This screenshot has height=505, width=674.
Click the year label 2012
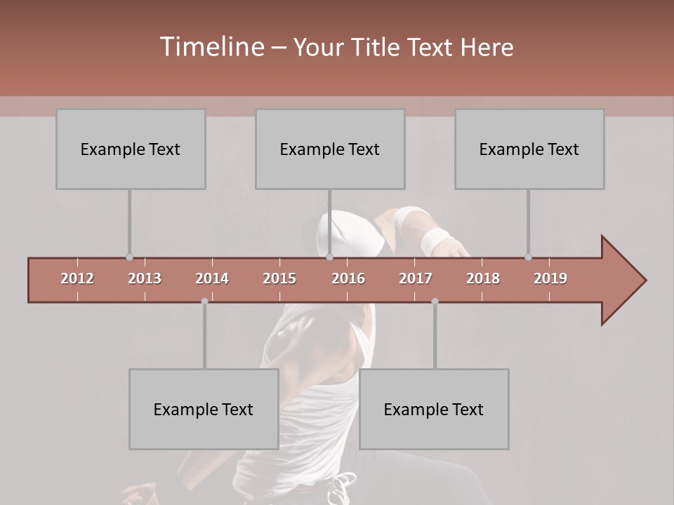click(x=77, y=278)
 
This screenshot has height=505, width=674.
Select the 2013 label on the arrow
click(x=145, y=278)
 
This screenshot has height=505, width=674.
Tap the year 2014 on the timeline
click(x=212, y=278)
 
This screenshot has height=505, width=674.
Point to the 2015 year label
click(x=279, y=278)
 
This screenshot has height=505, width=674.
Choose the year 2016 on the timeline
click(x=348, y=278)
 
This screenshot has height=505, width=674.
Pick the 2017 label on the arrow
click(x=416, y=278)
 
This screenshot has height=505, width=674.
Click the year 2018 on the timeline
click(x=483, y=278)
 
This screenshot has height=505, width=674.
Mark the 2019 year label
click(x=550, y=278)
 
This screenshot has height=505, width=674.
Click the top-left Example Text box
click(x=131, y=149)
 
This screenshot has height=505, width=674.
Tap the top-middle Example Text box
click(x=330, y=149)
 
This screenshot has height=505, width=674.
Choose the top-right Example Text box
click(x=529, y=149)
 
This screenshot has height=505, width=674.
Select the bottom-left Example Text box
click(x=204, y=409)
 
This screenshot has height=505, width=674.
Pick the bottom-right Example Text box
click(x=434, y=409)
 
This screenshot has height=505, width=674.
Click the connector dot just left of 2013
click(x=129, y=257)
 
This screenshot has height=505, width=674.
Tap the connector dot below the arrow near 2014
click(x=204, y=302)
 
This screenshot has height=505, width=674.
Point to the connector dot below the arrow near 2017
click(x=435, y=302)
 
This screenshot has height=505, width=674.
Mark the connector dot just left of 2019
click(x=528, y=257)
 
